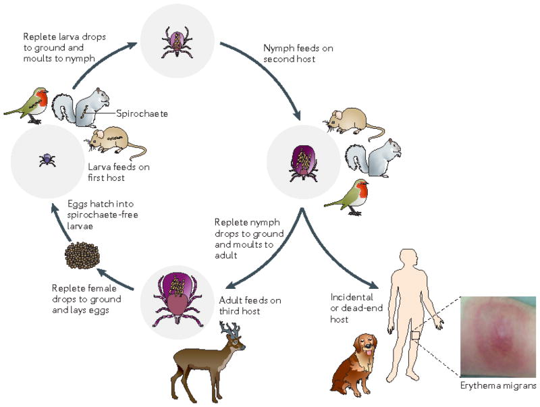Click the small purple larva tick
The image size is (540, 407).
(x=47, y=160)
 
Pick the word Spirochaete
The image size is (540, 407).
(x=141, y=114)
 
